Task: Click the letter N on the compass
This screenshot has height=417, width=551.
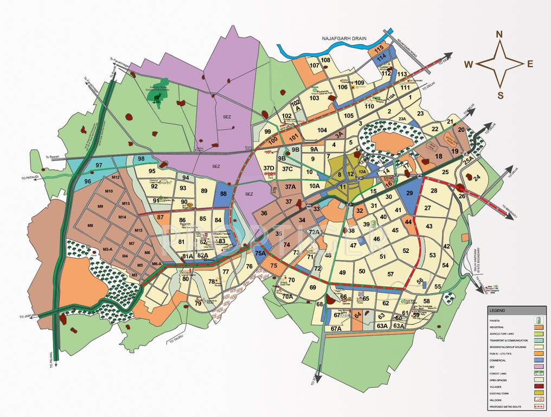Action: (x=499, y=35)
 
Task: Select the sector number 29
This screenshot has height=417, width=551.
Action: (x=410, y=193)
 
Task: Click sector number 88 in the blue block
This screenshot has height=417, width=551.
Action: (x=222, y=194)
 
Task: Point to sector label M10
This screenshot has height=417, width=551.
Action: (x=108, y=192)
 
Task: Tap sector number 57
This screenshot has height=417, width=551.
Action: (x=390, y=274)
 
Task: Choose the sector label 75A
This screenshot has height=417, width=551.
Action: (x=260, y=254)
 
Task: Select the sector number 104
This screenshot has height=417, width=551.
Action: (x=323, y=130)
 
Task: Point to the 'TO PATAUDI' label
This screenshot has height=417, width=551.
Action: (x=31, y=178)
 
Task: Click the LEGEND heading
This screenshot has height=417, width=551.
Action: (x=497, y=311)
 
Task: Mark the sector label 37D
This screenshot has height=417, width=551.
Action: (x=268, y=168)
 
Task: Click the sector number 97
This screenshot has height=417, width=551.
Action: (x=99, y=165)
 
